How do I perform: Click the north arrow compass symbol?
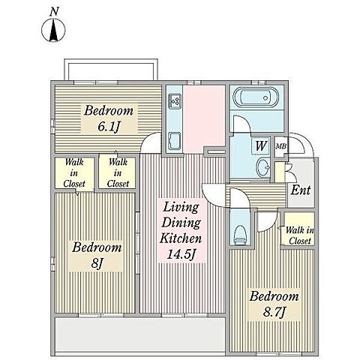tap(53, 30)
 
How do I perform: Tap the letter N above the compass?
tap(54, 12)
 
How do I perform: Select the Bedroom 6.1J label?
tap(109, 118)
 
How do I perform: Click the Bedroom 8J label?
tap(97, 255)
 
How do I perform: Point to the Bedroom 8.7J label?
tap(274, 304)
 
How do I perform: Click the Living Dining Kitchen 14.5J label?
tap(181, 230)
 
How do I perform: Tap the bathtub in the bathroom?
tap(256, 98)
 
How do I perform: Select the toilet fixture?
tap(241, 235)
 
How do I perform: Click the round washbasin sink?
tap(263, 166)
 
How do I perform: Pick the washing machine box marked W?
tap(260, 145)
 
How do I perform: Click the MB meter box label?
tap(280, 146)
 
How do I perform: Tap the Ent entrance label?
tap(301, 190)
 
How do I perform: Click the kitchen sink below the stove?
tap(175, 142)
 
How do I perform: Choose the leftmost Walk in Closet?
tap(74, 172)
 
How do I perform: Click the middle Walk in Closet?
tap(118, 172)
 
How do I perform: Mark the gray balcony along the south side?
tap(140, 335)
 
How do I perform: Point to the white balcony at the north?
tap(111, 70)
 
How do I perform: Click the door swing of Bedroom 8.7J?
tap(268, 221)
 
